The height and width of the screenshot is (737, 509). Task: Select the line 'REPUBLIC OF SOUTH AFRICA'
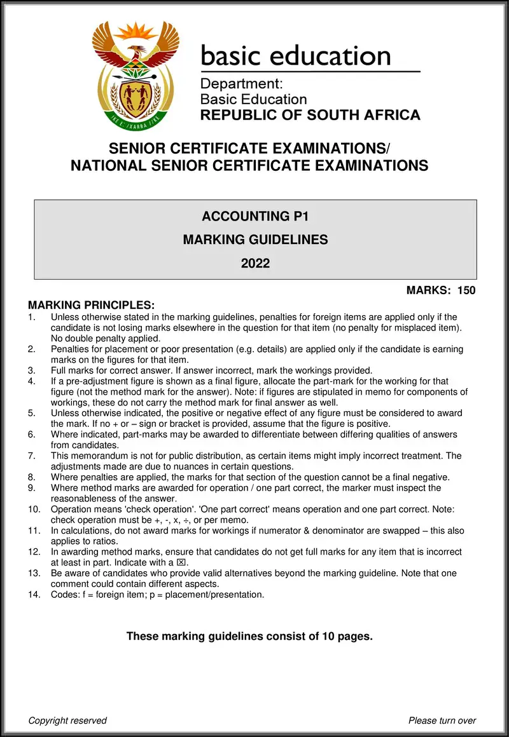pyautogui.click(x=310, y=115)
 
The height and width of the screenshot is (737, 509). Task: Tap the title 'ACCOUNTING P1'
pyautogui.click(x=255, y=217)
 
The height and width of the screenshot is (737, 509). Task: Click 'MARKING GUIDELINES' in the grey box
pyautogui.click(x=255, y=240)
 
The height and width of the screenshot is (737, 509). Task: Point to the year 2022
pyautogui.click(x=255, y=263)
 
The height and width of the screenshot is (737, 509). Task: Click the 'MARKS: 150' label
pyautogui.click(x=441, y=291)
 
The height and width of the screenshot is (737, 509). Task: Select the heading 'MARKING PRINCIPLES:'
pyautogui.click(x=92, y=305)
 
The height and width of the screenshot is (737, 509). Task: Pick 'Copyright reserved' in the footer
pyautogui.click(x=67, y=720)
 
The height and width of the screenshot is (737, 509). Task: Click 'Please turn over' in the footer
pyautogui.click(x=442, y=720)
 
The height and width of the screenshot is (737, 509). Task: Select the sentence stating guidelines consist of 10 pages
pyautogui.click(x=249, y=636)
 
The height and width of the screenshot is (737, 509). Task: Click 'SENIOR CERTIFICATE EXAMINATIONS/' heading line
pyautogui.click(x=249, y=149)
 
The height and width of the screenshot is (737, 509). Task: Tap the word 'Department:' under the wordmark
pyautogui.click(x=241, y=84)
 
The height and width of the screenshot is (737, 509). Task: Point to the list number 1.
pyautogui.click(x=32, y=316)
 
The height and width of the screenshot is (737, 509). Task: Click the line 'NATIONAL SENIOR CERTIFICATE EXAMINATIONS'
pyautogui.click(x=249, y=166)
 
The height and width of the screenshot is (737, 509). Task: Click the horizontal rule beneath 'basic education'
pyautogui.click(x=310, y=71)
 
